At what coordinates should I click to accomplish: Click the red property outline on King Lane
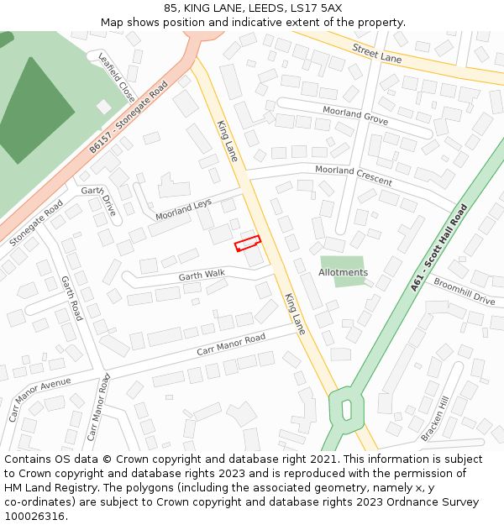(x=247, y=244)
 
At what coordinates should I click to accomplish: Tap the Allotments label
(x=343, y=272)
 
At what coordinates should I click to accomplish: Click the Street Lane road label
(x=377, y=54)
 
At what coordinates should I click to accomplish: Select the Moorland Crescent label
(x=353, y=175)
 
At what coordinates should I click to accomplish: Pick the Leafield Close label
(x=117, y=77)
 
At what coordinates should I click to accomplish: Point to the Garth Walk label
(x=202, y=275)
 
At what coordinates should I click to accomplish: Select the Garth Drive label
(x=102, y=198)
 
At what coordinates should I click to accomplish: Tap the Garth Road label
(x=72, y=297)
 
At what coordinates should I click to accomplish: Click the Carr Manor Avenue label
(x=39, y=399)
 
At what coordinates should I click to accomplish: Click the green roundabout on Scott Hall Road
(x=345, y=408)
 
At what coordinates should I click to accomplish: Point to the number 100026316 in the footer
(x=34, y=516)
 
